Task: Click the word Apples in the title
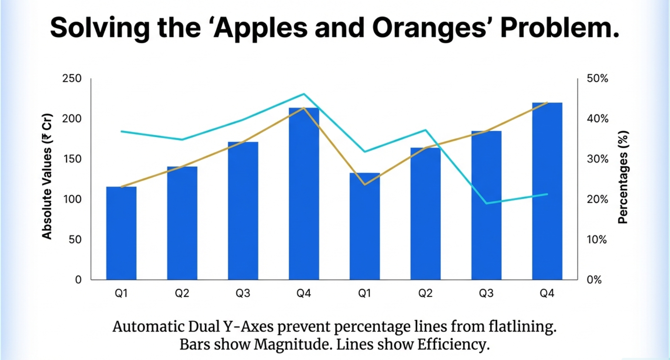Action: click(x=261, y=28)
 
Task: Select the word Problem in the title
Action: click(x=559, y=28)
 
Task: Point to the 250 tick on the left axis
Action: click(x=72, y=78)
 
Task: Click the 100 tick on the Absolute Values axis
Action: click(x=72, y=199)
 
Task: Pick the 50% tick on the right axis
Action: click(x=597, y=78)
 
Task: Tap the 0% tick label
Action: click(x=594, y=280)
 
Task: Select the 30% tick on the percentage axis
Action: click(x=597, y=159)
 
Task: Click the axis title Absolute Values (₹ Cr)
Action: click(x=47, y=176)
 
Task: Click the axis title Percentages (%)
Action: click(x=623, y=177)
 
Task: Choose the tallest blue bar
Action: click(x=547, y=192)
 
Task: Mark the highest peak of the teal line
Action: click(x=304, y=94)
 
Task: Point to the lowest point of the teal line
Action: click(x=487, y=203)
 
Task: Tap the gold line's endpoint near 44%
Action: click(x=547, y=102)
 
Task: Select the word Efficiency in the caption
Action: click(x=453, y=344)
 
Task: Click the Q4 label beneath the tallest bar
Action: click(x=547, y=293)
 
